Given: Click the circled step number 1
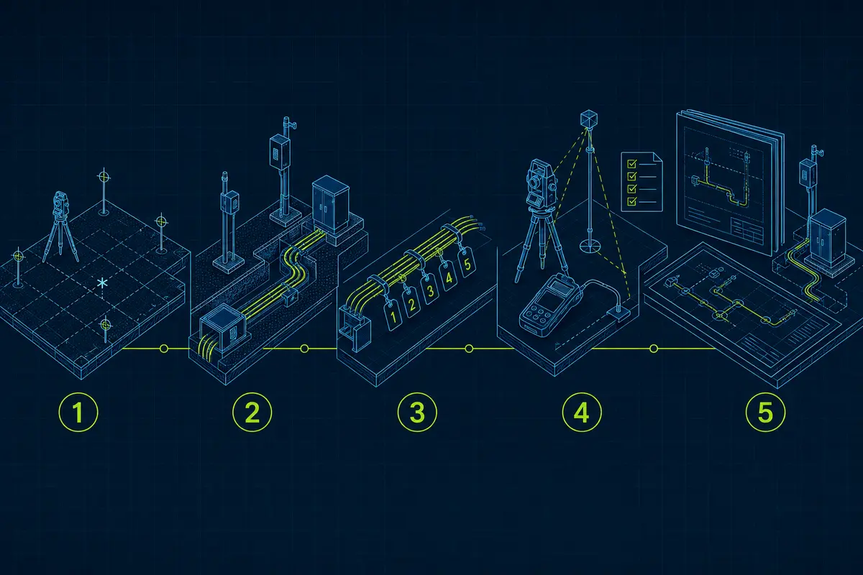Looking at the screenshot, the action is [x=78, y=412].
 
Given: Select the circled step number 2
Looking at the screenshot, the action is [x=252, y=412].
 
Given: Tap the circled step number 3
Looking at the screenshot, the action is [x=417, y=412].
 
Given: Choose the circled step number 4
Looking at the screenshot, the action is [x=582, y=412].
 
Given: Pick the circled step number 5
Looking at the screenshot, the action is [x=765, y=412].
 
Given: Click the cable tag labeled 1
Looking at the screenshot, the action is [x=393, y=315].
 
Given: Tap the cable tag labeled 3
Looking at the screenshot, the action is [x=430, y=290].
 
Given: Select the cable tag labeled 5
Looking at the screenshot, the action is [x=467, y=264].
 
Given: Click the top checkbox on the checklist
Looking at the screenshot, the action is [x=632, y=164].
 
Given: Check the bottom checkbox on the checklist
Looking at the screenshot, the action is [x=632, y=201].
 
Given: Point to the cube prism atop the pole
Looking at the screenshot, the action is [x=589, y=119].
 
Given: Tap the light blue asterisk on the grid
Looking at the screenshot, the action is [x=102, y=283].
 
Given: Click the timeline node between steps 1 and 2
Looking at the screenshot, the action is [x=164, y=349].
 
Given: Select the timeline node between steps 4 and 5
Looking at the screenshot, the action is [x=654, y=349].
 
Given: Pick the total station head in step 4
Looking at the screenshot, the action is [x=541, y=183].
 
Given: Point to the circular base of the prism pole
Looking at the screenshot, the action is [x=590, y=244].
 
